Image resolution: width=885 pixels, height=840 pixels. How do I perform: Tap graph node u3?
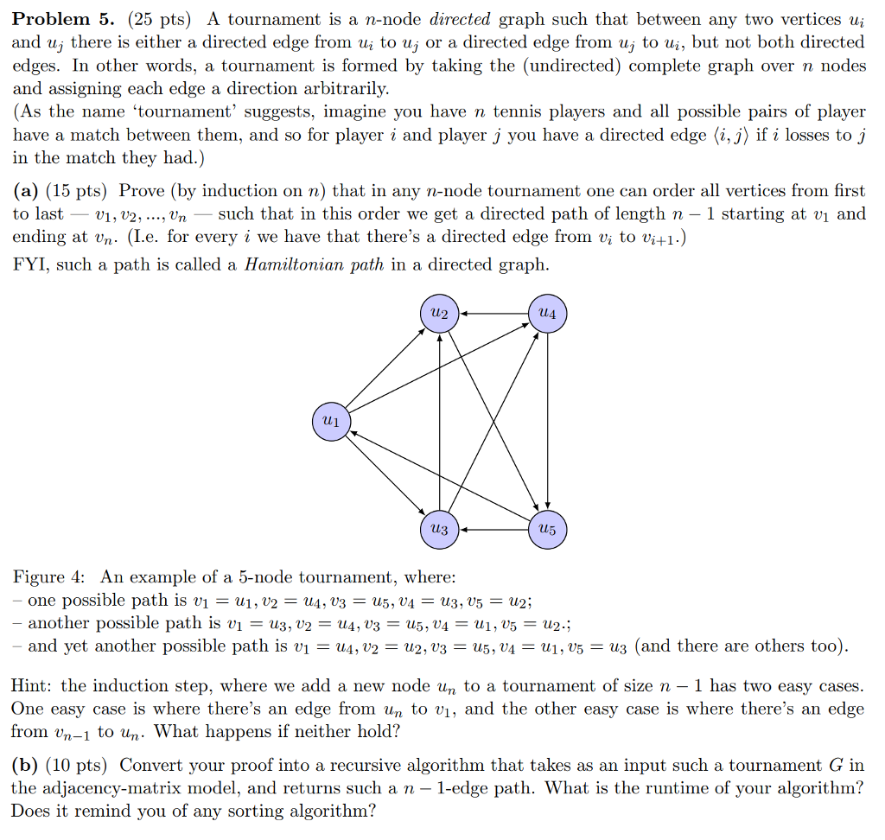(440, 529)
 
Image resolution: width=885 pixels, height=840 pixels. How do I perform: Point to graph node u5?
(547, 529)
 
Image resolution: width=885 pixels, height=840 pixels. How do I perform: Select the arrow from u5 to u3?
(493, 529)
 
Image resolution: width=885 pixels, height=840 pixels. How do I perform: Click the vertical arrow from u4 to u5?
(547, 422)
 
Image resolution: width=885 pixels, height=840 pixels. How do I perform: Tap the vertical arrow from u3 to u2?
(440, 422)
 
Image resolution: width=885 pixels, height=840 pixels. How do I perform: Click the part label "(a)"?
(24, 191)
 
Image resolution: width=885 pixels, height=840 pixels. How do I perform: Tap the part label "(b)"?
(24, 765)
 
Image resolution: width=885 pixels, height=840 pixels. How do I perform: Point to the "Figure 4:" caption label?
(50, 577)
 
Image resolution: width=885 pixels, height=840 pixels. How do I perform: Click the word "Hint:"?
(33, 686)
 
